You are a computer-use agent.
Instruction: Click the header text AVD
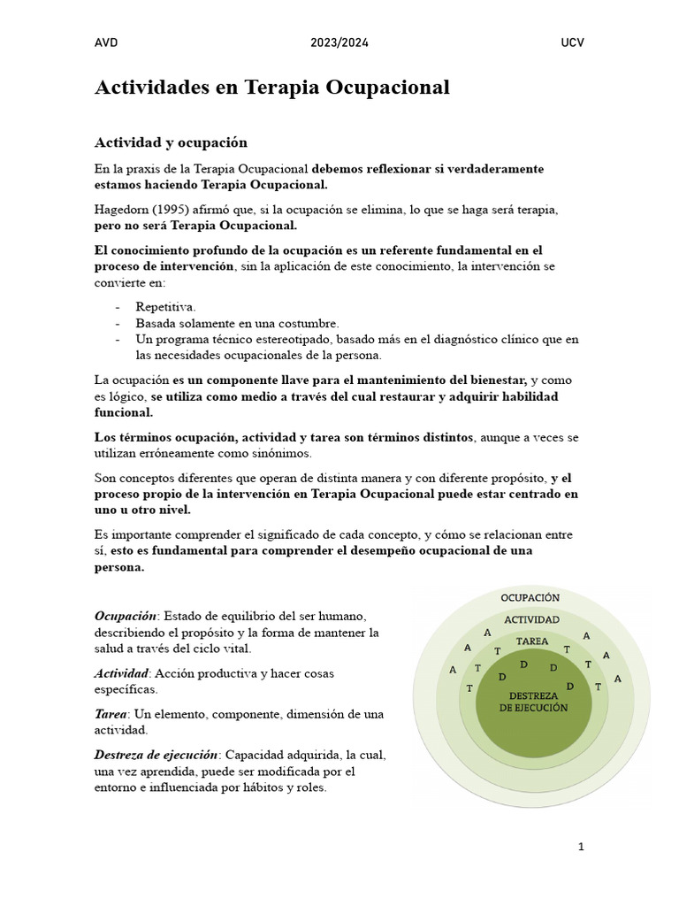(x=106, y=42)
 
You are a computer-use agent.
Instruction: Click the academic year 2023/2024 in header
(x=339, y=42)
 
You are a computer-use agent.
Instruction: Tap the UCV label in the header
(x=572, y=42)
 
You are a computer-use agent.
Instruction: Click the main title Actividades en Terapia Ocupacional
(x=272, y=88)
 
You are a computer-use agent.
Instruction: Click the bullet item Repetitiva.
(x=166, y=307)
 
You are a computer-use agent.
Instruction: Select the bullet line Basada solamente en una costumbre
(x=237, y=323)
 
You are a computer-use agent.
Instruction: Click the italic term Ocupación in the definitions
(x=126, y=616)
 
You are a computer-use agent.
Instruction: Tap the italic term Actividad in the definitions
(x=121, y=673)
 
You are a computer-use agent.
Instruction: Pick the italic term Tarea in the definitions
(x=111, y=714)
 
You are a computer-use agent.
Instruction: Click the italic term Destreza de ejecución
(x=156, y=755)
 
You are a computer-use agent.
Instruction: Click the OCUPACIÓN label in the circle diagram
(x=530, y=598)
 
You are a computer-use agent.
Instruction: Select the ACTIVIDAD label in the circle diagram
(x=530, y=619)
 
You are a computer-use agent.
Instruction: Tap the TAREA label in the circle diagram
(x=531, y=641)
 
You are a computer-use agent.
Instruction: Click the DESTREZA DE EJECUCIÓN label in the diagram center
(x=533, y=702)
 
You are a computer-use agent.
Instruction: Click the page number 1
(x=581, y=847)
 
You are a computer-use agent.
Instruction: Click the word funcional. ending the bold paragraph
(x=124, y=412)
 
